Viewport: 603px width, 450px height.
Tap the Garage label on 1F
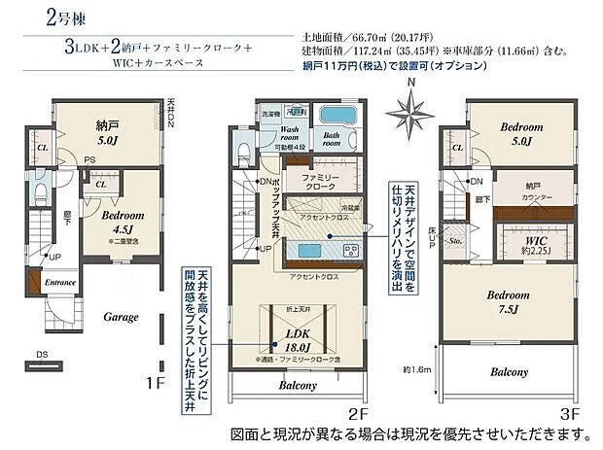(x=121, y=317)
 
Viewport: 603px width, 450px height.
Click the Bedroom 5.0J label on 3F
(x=514, y=132)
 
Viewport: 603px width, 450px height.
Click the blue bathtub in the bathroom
(x=337, y=113)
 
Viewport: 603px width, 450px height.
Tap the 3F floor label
(x=570, y=413)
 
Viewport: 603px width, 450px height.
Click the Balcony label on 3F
(x=509, y=371)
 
